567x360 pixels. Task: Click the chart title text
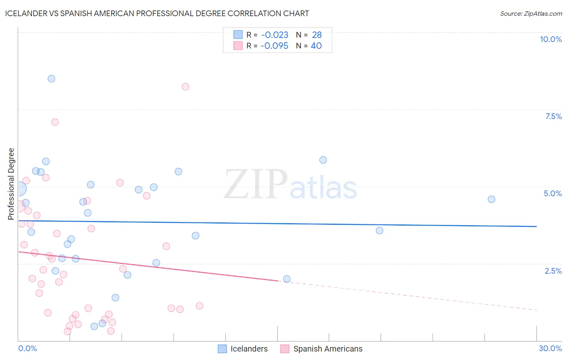(157, 13)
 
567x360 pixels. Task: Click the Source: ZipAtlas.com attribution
(531, 13)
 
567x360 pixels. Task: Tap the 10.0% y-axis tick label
(550, 39)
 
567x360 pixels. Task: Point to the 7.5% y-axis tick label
(553, 116)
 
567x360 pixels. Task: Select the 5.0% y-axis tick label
(552, 193)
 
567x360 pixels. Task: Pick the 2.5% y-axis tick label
(553, 271)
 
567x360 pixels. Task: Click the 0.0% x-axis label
(27, 348)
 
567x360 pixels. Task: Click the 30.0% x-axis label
(550, 348)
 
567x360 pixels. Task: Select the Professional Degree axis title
(11, 184)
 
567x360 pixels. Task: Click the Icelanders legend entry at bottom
(243, 349)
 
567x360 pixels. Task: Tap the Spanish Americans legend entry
(322, 349)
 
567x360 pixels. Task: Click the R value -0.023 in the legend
(275, 35)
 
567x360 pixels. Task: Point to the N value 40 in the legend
(316, 46)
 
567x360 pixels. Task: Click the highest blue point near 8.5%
(51, 79)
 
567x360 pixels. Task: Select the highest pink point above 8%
(186, 87)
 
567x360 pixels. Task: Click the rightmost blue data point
(491, 199)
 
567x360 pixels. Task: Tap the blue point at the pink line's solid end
(287, 279)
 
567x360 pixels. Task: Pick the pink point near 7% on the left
(55, 122)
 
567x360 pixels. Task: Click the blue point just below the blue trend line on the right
(379, 230)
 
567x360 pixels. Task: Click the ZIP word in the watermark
(256, 185)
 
